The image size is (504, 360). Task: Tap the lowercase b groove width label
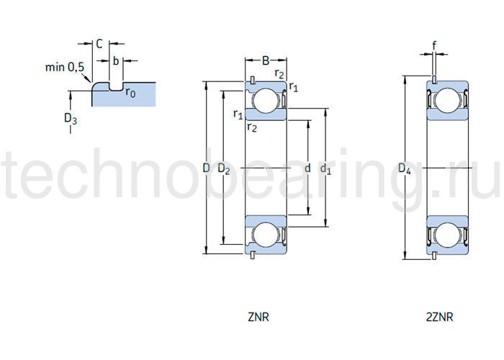coord(115,62)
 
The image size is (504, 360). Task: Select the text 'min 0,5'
coord(65,68)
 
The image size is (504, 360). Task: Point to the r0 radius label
coord(130,92)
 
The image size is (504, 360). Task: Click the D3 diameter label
coord(71,119)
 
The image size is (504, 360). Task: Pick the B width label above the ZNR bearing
coord(266,60)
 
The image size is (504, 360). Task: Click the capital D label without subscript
coord(205,168)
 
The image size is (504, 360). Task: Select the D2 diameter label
coord(224,170)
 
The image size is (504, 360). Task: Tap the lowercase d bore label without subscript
coord(307,168)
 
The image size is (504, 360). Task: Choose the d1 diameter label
coord(325,170)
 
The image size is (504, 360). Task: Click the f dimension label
coord(434,45)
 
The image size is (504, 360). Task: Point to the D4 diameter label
coord(405,170)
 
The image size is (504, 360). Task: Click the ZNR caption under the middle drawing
coord(259,316)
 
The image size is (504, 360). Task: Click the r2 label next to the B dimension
coord(279,73)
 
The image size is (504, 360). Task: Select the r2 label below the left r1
coord(251,127)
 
